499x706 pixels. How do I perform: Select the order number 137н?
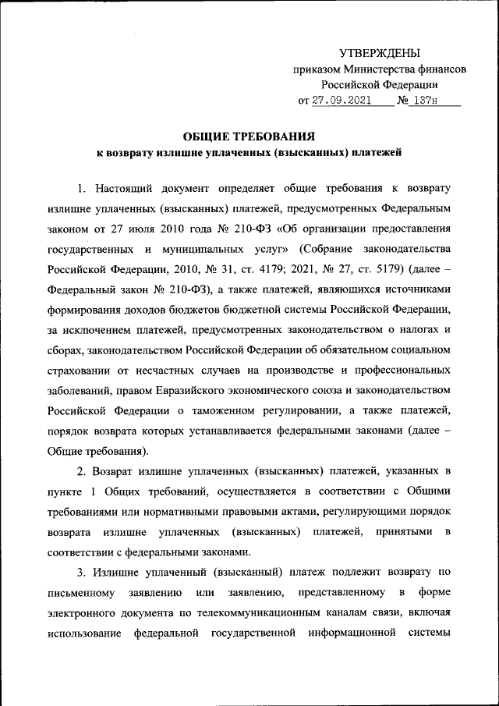pyautogui.click(x=427, y=100)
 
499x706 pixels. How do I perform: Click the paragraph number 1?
pyautogui.click(x=82, y=188)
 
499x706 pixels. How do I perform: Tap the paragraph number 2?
pyautogui.click(x=82, y=472)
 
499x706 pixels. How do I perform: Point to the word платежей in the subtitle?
pyautogui.click(x=376, y=153)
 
